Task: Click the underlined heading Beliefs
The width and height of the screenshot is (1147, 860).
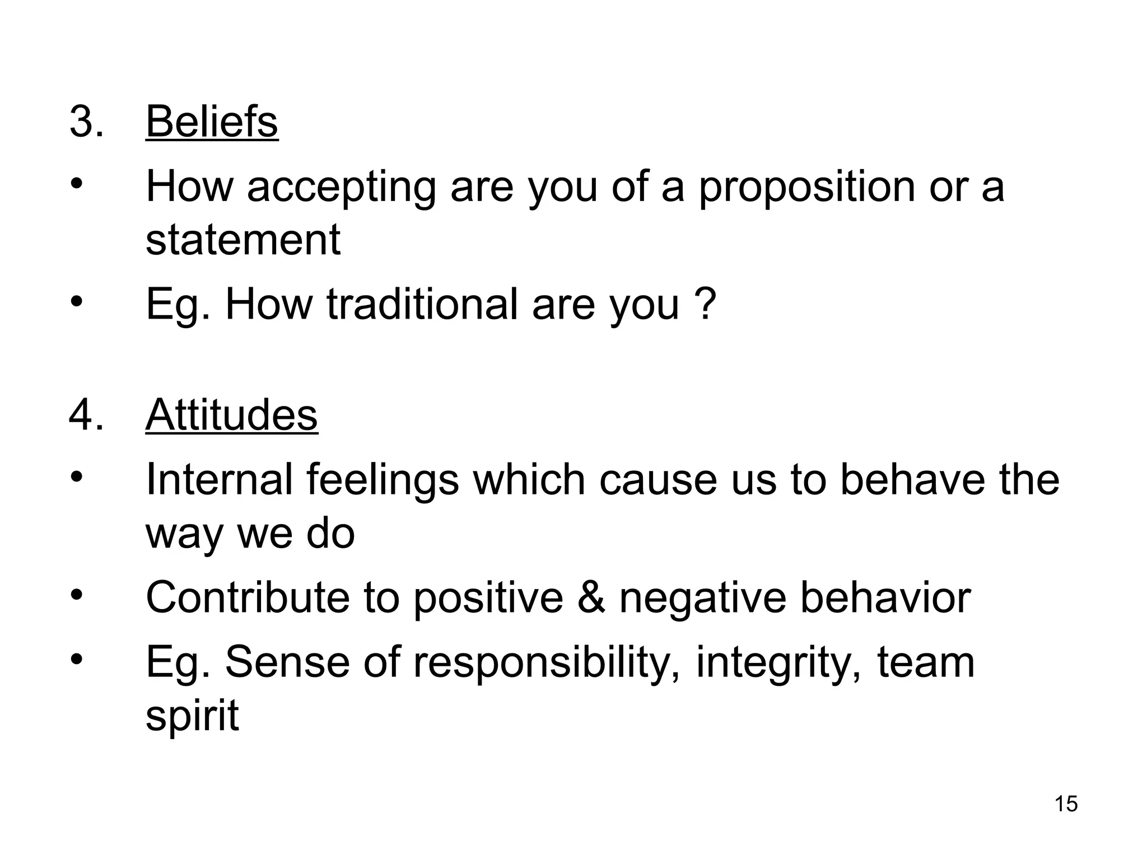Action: [x=212, y=121]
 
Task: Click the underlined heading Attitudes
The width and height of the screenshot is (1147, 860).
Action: [x=231, y=415]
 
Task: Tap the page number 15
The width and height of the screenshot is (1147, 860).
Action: [x=1066, y=803]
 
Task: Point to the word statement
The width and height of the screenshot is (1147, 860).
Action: [x=243, y=240]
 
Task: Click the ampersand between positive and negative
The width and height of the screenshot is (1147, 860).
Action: [x=591, y=597]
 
